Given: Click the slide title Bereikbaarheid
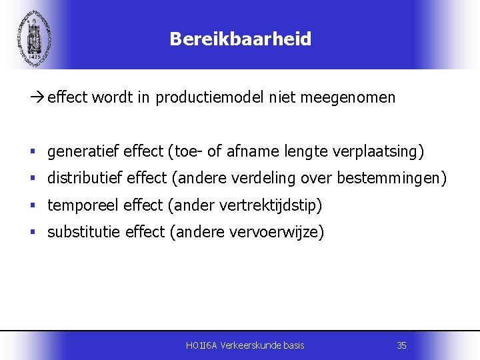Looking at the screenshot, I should click(240, 39).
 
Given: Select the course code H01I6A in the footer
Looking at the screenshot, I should click(201, 345).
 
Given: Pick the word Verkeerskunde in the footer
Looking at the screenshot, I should click(248, 345).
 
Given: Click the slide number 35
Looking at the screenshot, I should click(401, 345).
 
